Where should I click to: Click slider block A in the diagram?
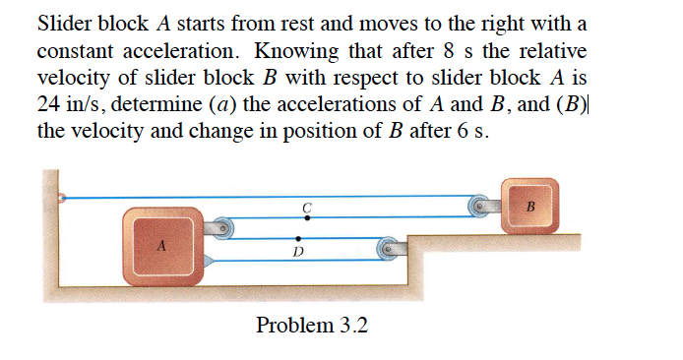[161, 244]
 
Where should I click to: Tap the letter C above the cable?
[307, 207]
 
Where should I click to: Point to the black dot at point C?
[308, 218]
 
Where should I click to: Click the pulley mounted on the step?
[390, 251]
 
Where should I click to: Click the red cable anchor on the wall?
[62, 198]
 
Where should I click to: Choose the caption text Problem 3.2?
[311, 325]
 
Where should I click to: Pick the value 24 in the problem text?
[48, 104]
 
